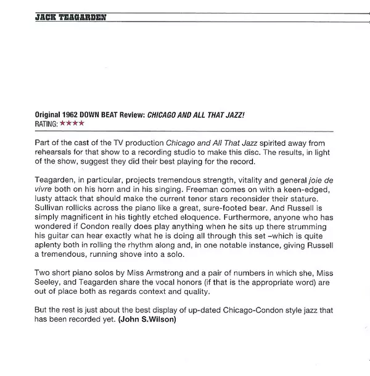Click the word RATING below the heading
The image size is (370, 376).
tap(47, 124)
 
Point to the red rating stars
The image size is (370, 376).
tap(72, 124)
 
